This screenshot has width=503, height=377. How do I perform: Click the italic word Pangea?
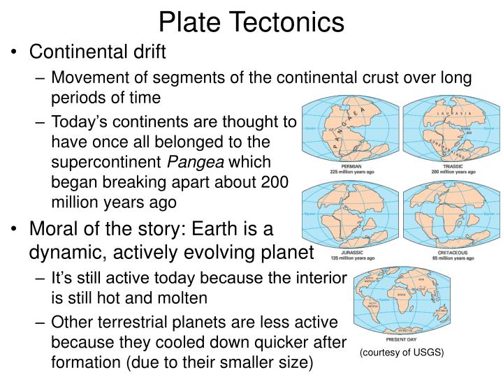(203, 162)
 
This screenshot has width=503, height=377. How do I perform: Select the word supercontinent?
(107, 162)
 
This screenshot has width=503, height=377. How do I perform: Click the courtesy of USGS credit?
(401, 354)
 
